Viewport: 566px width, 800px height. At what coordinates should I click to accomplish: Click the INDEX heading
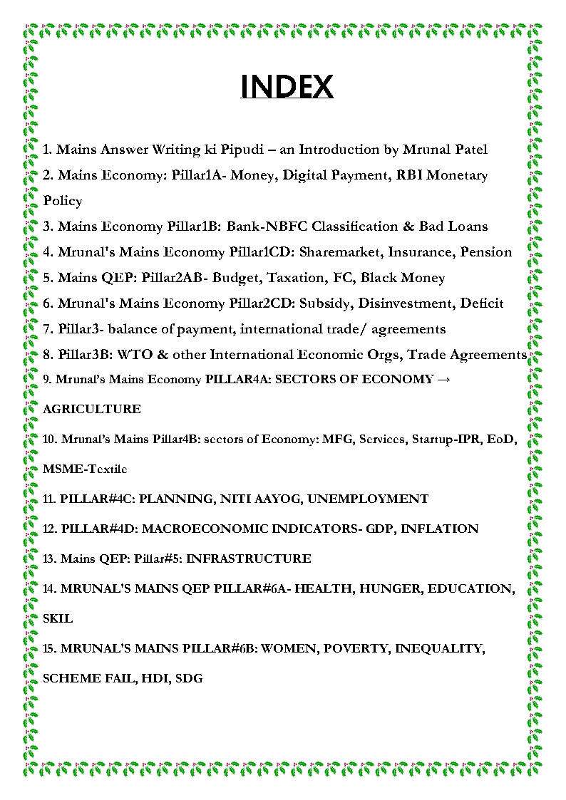tap(287, 87)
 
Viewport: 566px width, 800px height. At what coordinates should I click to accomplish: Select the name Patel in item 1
tap(467, 150)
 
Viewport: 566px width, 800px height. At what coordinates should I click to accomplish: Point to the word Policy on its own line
tap(63, 201)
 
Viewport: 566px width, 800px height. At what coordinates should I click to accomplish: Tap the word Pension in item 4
tap(486, 252)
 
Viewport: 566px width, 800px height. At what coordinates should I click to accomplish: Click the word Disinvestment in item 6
tap(403, 303)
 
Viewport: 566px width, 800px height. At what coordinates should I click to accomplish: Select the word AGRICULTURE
tap(92, 410)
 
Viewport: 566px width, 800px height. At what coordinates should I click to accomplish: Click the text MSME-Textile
tap(85, 469)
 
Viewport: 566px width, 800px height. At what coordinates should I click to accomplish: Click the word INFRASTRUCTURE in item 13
tap(248, 559)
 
